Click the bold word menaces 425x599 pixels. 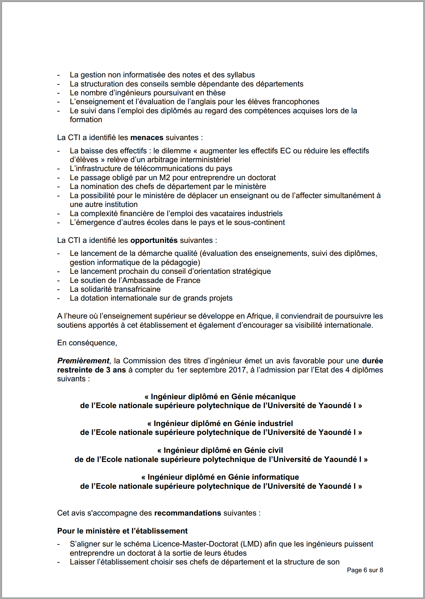click(x=147, y=138)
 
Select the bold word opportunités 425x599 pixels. click(x=154, y=240)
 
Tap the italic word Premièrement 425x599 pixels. click(x=83, y=361)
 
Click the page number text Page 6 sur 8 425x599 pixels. click(x=365, y=570)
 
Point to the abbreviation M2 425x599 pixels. click(x=165, y=178)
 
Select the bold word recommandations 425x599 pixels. click(x=187, y=513)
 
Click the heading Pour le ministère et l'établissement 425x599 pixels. click(x=122, y=531)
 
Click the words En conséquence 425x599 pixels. click(x=87, y=343)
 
